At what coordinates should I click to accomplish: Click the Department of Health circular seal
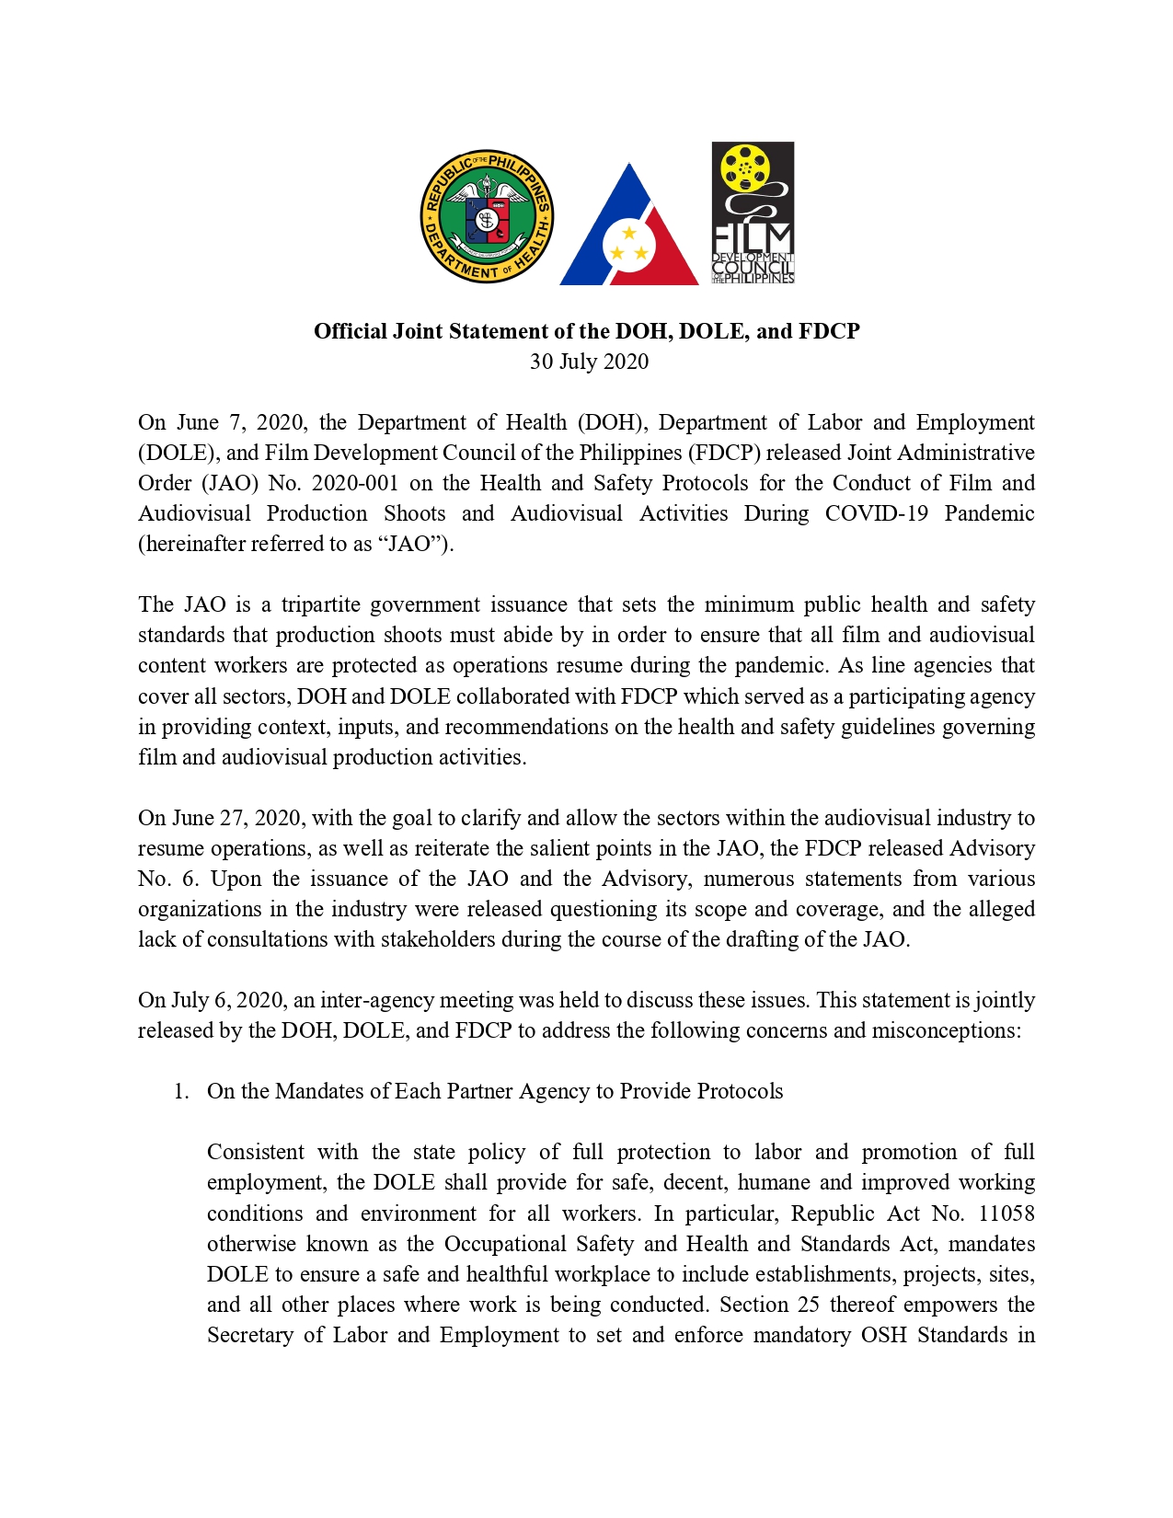tap(486, 216)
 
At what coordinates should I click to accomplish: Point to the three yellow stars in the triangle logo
tap(629, 245)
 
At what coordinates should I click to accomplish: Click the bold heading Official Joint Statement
tap(586, 331)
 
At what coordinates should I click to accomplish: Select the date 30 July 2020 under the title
tap(589, 362)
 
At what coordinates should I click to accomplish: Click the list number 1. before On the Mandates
tap(181, 1091)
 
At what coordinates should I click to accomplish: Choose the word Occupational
tap(504, 1244)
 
